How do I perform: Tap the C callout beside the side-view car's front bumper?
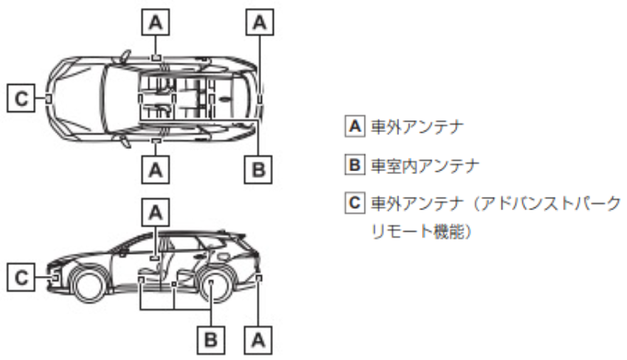point(21,277)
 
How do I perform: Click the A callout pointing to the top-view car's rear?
point(258,23)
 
